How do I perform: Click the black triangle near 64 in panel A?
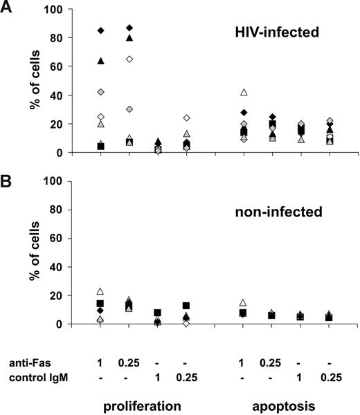click(101, 61)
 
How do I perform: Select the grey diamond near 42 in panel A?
click(101, 92)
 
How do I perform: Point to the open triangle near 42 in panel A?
click(244, 92)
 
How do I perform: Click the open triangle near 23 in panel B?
click(101, 291)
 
